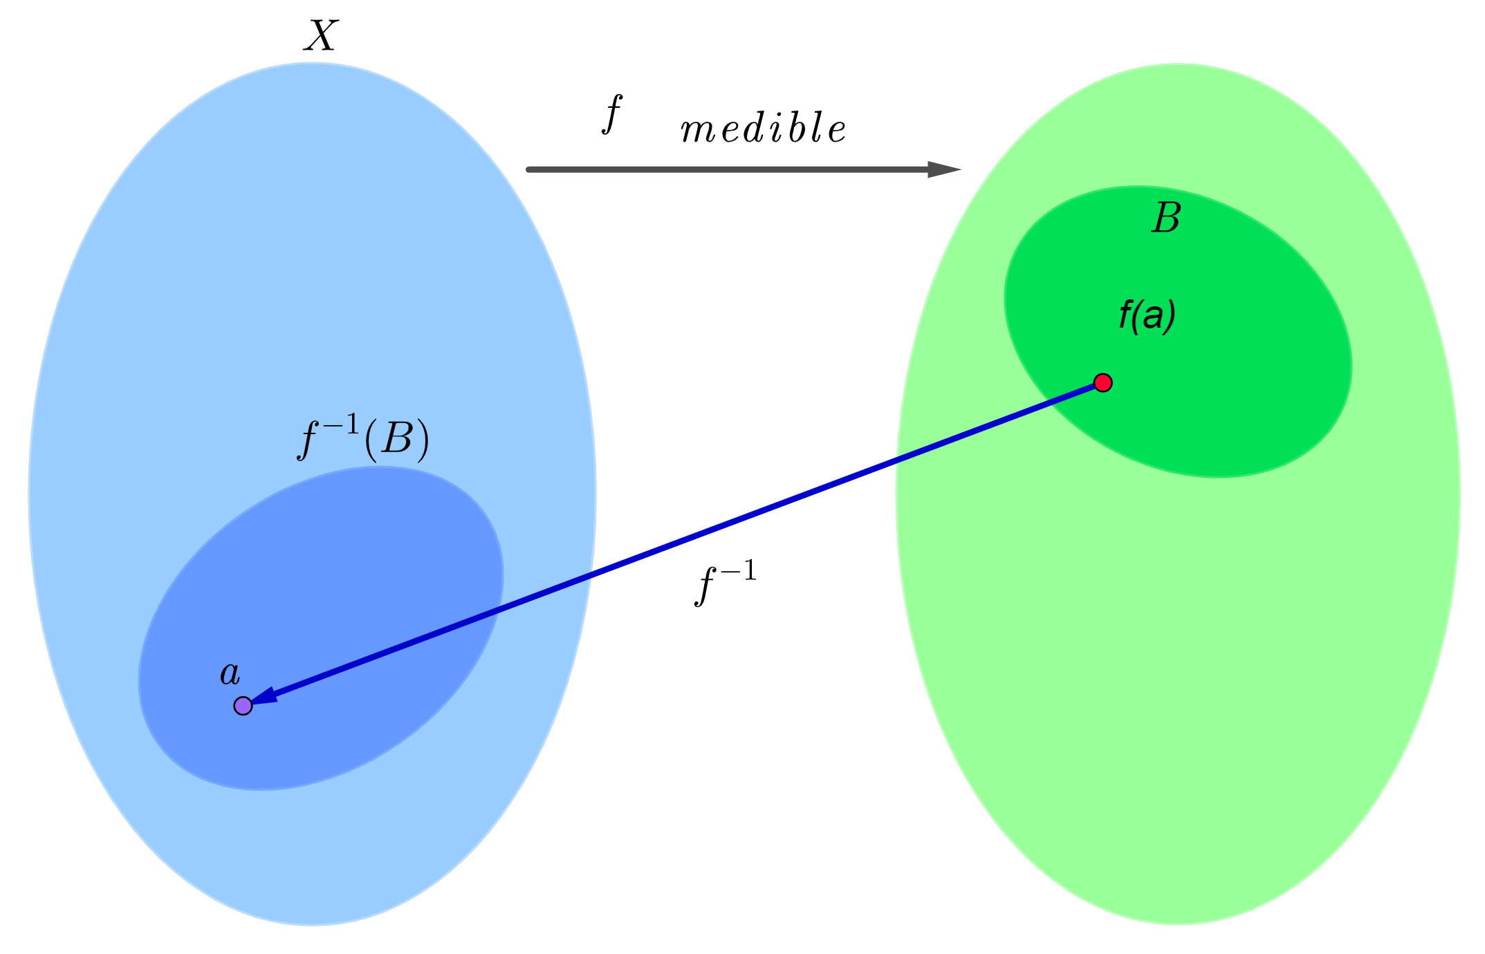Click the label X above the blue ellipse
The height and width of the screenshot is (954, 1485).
[320, 36]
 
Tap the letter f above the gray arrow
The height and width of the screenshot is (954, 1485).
[612, 114]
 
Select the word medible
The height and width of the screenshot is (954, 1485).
[763, 129]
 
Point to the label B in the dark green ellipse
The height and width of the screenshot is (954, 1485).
[1166, 218]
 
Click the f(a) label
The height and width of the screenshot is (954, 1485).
[1147, 316]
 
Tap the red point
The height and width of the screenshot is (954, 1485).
[1103, 382]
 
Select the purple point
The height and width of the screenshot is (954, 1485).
[243, 706]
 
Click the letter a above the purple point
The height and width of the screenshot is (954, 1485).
[230, 673]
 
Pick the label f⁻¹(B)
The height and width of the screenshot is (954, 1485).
[364, 438]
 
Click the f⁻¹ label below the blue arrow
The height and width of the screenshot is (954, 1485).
[725, 583]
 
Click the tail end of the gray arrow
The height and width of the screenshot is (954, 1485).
[530, 169]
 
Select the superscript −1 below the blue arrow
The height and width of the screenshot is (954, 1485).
[738, 571]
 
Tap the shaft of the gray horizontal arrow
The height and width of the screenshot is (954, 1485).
[726, 169]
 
